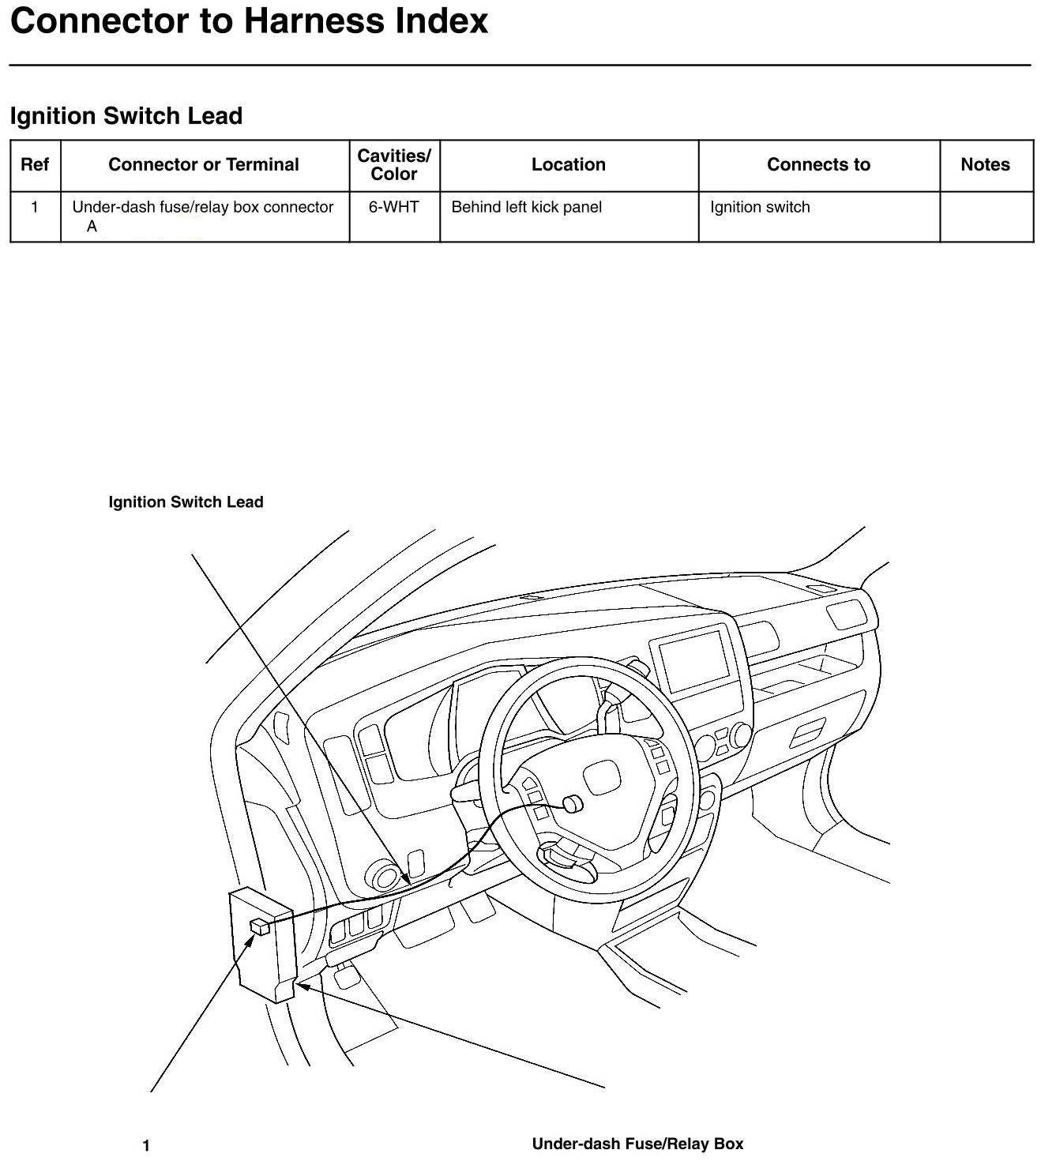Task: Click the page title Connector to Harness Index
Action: [x=249, y=21]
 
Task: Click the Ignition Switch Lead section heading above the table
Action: [x=126, y=116]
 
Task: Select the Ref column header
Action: [x=35, y=164]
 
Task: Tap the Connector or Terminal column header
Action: [x=204, y=164]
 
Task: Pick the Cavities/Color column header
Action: [x=394, y=164]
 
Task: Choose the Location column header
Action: [x=568, y=164]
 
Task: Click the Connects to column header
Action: [x=818, y=164]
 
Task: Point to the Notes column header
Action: [x=985, y=164]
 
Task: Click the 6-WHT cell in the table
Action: [x=394, y=207]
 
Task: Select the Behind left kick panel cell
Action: [x=526, y=207]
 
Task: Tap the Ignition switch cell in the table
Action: [x=760, y=207]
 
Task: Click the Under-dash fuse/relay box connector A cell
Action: [x=202, y=216]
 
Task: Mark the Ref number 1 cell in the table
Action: [x=35, y=207]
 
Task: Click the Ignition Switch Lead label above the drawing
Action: [x=186, y=502]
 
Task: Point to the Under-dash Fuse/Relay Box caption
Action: [x=637, y=1144]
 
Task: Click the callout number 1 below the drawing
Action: [x=146, y=1145]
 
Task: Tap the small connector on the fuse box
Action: [x=260, y=926]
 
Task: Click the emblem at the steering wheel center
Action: [x=601, y=777]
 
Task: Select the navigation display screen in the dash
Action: [x=694, y=661]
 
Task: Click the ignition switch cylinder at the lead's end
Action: [x=572, y=804]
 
